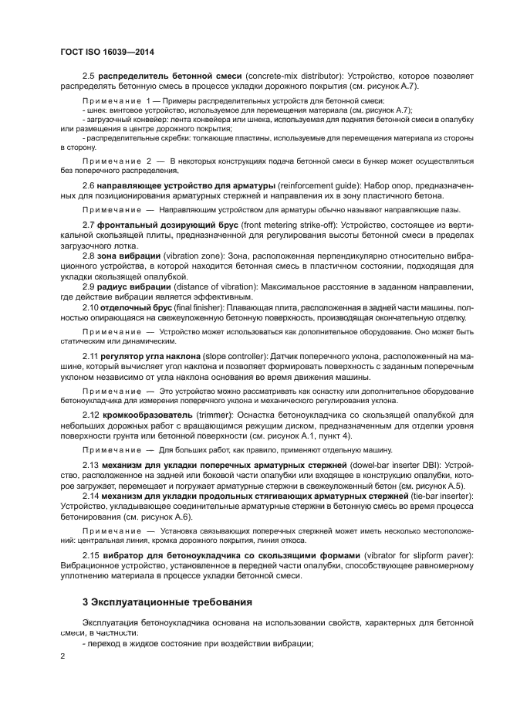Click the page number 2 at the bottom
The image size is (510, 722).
63,656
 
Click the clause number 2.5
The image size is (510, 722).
88,77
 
